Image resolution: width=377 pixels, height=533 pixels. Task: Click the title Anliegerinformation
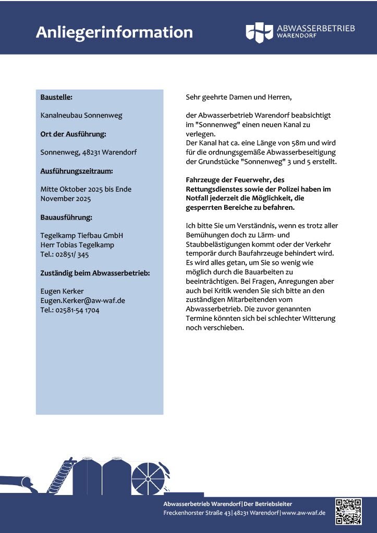[114, 32]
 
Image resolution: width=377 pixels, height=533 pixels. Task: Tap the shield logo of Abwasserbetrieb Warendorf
[259, 32]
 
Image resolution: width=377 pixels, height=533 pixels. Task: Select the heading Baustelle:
[56, 97]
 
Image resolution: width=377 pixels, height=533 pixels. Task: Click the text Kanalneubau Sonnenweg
[81, 115]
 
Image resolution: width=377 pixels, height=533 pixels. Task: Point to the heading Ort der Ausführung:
[73, 134]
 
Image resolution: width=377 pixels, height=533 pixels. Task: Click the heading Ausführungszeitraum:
[77, 171]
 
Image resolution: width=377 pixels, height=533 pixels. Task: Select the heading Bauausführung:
[66, 217]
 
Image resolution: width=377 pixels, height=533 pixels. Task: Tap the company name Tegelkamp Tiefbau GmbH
[82, 236]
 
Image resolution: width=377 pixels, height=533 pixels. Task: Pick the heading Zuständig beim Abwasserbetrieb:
[95, 273]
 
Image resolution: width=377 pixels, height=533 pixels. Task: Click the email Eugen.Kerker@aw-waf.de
[82, 300]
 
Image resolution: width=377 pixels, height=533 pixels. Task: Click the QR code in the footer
[348, 512]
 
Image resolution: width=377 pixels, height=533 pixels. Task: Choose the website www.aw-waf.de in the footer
[304, 513]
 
